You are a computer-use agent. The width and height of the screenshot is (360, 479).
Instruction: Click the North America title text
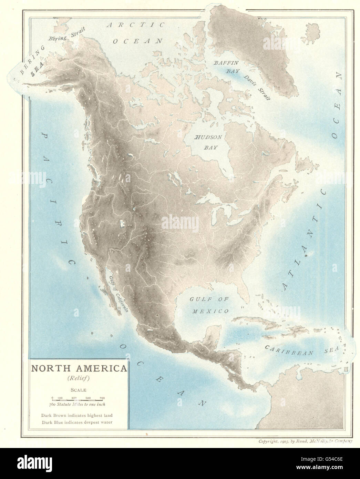coord(79,368)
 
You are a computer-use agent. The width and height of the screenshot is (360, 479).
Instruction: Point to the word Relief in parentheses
coord(79,378)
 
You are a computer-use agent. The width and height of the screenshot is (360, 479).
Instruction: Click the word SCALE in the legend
coord(79,390)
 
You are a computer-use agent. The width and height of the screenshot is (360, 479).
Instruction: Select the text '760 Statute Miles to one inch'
coord(79,404)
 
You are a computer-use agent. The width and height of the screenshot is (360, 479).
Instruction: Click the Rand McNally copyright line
coord(300,441)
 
